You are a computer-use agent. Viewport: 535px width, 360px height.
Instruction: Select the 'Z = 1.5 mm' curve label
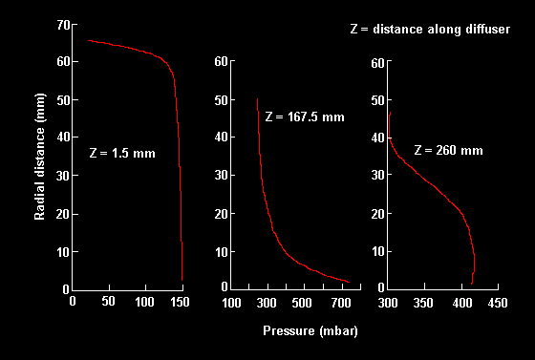[121, 153]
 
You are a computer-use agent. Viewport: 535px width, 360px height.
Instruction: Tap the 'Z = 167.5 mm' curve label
[304, 116]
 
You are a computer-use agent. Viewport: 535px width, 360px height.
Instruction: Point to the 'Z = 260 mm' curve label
[448, 150]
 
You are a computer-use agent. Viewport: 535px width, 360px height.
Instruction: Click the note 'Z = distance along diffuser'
[430, 30]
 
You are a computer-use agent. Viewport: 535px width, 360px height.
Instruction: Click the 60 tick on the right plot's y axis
[377, 62]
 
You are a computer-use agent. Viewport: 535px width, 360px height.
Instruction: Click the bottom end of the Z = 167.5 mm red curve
[349, 283]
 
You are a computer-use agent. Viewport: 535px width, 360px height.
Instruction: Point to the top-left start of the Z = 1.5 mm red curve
[88, 40]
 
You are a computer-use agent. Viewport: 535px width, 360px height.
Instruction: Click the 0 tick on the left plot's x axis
[74, 303]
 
